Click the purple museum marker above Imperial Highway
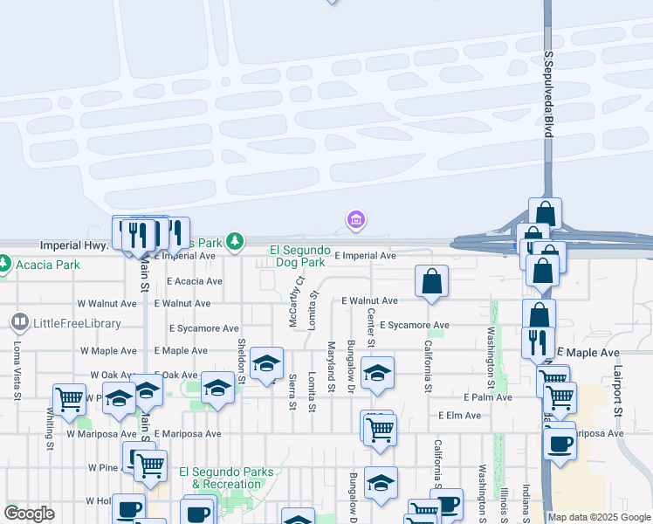(355, 219)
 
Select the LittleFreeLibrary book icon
(19, 323)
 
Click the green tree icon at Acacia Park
(3, 263)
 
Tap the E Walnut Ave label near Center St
(369, 300)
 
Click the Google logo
(29, 514)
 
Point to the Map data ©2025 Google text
(600, 518)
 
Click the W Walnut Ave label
(107, 304)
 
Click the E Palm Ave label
(487, 396)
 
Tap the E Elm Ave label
(460, 416)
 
